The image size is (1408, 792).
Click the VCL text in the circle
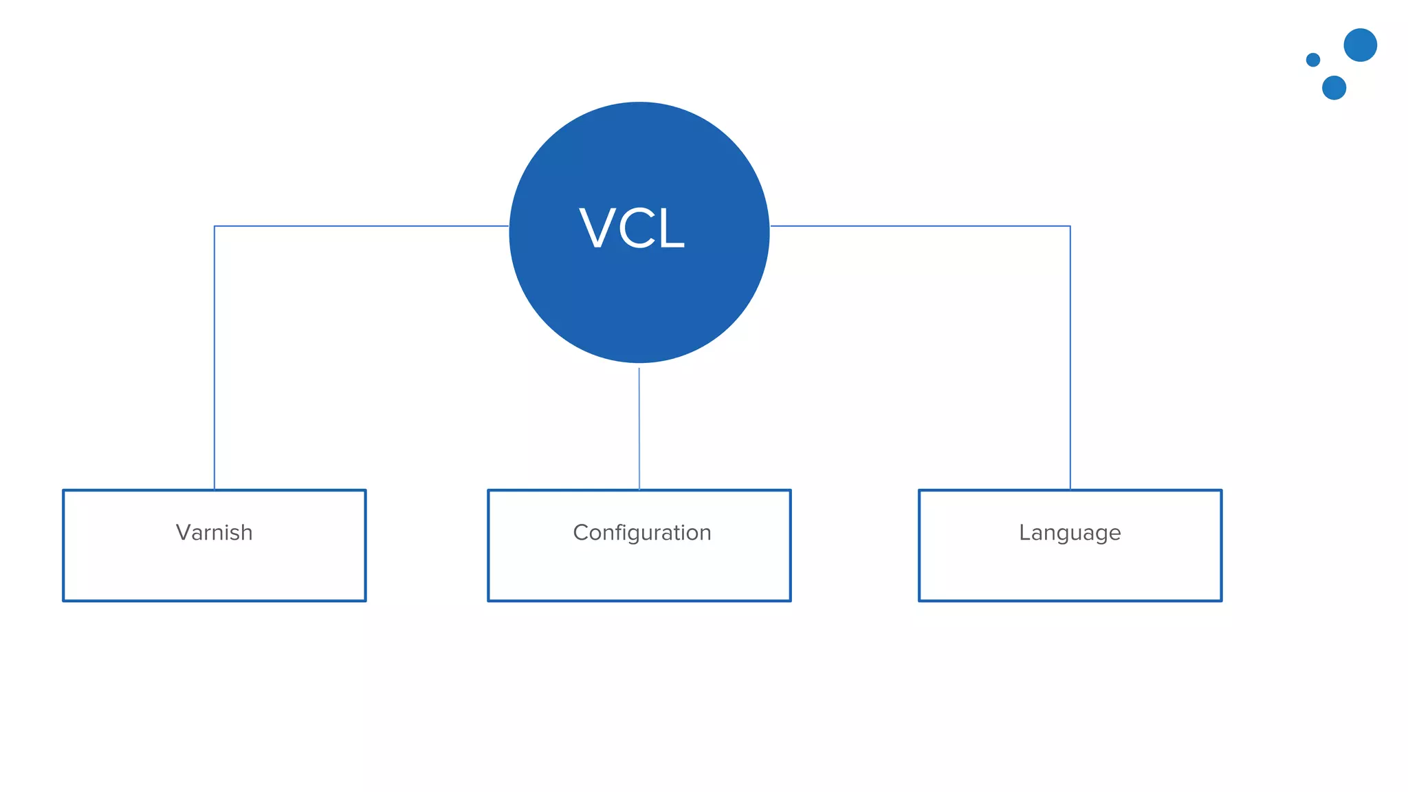[632, 228]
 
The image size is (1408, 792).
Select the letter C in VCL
[635, 228]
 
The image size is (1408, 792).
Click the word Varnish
[214, 533]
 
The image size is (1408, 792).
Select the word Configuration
[641, 533]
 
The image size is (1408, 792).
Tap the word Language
[1070, 533]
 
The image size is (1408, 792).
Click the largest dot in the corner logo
[1360, 45]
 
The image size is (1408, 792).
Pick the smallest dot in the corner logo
[1312, 60]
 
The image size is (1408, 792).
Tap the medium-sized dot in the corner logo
[1334, 88]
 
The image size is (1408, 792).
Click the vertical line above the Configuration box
[639, 426]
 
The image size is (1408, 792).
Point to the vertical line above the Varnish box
[214, 357]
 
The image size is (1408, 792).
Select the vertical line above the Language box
[1070, 357]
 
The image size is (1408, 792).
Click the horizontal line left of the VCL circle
[361, 226]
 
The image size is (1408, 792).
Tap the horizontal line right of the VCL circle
[921, 226]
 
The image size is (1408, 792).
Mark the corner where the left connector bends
[214, 226]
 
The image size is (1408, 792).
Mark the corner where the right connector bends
[1070, 226]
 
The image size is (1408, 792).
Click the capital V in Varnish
[183, 533]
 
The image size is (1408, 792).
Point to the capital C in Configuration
[581, 533]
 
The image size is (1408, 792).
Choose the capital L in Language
[1024, 533]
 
